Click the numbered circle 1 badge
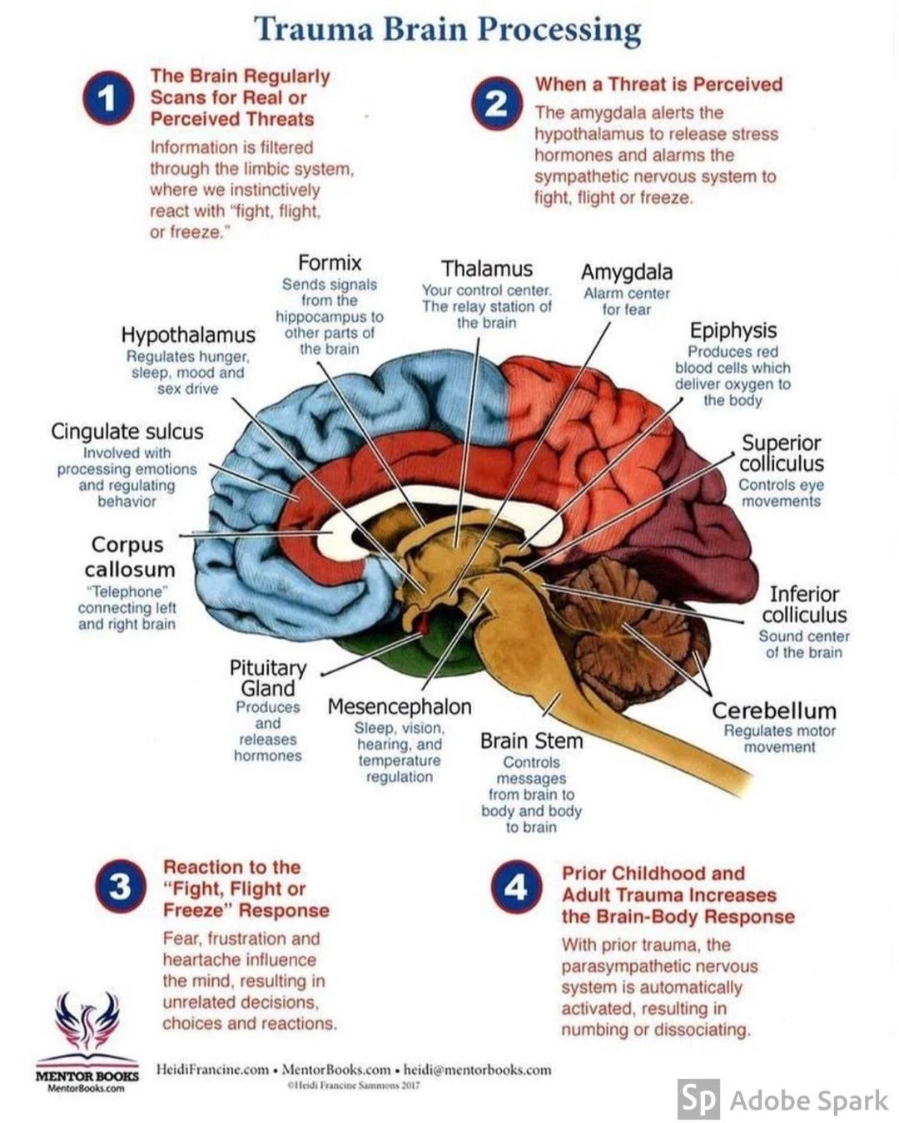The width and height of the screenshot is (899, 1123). click(x=107, y=97)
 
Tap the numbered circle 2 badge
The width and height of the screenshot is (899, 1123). click(x=496, y=103)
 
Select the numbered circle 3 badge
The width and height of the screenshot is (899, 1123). click(x=120, y=887)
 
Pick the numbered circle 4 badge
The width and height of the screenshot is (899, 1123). click(x=515, y=888)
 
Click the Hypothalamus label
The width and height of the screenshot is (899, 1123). click(x=188, y=335)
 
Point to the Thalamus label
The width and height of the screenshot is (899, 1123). click(x=487, y=269)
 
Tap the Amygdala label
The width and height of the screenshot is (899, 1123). click(x=627, y=272)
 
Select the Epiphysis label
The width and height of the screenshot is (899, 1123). click(x=733, y=330)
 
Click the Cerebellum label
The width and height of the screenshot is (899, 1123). click(x=774, y=711)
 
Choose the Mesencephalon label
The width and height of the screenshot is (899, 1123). click(x=400, y=707)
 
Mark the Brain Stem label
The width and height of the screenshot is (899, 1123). click(x=531, y=741)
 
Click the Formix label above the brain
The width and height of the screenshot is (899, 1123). click(x=330, y=263)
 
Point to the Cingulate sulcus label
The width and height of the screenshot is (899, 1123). click(x=127, y=432)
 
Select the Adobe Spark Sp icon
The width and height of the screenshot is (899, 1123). click(x=698, y=1100)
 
